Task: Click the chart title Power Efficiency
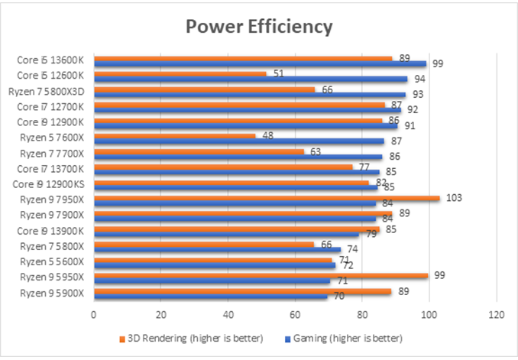(x=260, y=27)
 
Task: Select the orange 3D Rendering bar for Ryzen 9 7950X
(x=267, y=198)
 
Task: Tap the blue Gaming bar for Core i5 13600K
(x=260, y=63)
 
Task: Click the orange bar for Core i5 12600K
(x=180, y=73)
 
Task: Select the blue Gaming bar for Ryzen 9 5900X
(x=211, y=296)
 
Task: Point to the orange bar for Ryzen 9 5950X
(x=260, y=276)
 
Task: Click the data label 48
(x=267, y=135)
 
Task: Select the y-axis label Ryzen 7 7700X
(x=51, y=153)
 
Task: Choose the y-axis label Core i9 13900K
(x=51, y=230)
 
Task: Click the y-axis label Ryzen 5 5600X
(x=51, y=261)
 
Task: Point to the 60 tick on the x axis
(x=295, y=313)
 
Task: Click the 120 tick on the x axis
(x=497, y=313)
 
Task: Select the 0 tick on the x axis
(x=93, y=313)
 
